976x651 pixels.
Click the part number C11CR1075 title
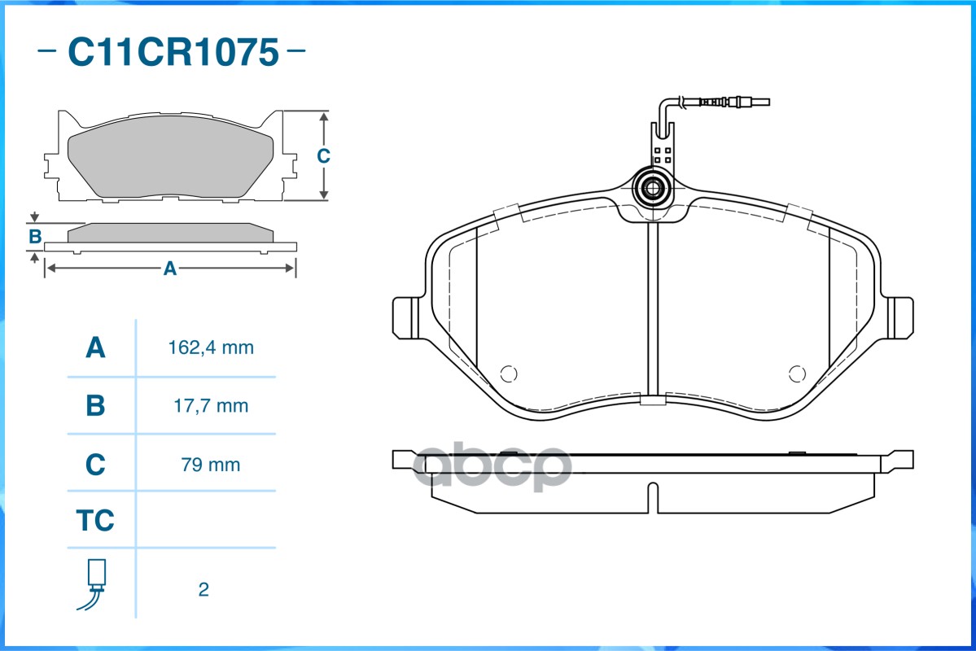(173, 51)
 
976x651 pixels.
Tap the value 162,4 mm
(211, 347)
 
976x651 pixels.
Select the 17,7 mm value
(211, 406)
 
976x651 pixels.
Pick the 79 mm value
(210, 465)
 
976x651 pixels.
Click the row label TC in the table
(95, 520)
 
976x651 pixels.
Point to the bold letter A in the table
(95, 347)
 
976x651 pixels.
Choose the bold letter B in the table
(95, 406)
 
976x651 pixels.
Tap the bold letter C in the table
(95, 465)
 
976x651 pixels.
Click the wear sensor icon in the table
(93, 583)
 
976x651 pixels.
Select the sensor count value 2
(204, 589)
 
